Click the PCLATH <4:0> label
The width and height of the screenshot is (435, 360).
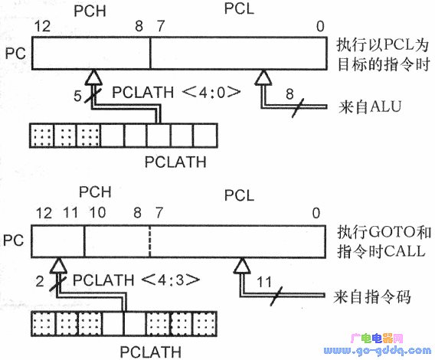[176, 92]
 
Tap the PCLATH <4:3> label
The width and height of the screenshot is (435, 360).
[136, 280]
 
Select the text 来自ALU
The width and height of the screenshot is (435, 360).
[370, 106]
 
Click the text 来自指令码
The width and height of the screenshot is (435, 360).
[372, 296]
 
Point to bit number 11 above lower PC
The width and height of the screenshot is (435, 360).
[70, 213]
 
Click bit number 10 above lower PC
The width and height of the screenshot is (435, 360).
[97, 213]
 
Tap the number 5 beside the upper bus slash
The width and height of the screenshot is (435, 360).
[77, 96]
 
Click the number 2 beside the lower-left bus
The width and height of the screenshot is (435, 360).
[40, 281]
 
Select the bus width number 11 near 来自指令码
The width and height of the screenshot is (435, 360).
[263, 283]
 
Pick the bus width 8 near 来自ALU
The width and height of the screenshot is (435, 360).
[289, 93]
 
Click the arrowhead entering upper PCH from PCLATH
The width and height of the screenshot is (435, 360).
[93, 77]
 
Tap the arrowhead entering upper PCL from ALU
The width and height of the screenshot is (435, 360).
[263, 77]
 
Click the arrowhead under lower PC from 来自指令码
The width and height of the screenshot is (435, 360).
[242, 266]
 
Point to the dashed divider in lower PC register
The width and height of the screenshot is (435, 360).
[150, 241]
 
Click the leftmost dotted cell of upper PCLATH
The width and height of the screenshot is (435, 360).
[41, 136]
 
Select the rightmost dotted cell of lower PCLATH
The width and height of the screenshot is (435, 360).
[204, 324]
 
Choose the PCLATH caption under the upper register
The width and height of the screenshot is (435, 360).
[175, 162]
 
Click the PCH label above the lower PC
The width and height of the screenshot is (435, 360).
[95, 191]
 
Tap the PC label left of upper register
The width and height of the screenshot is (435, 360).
[15, 54]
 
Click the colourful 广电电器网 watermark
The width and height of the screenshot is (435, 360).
[377, 339]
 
